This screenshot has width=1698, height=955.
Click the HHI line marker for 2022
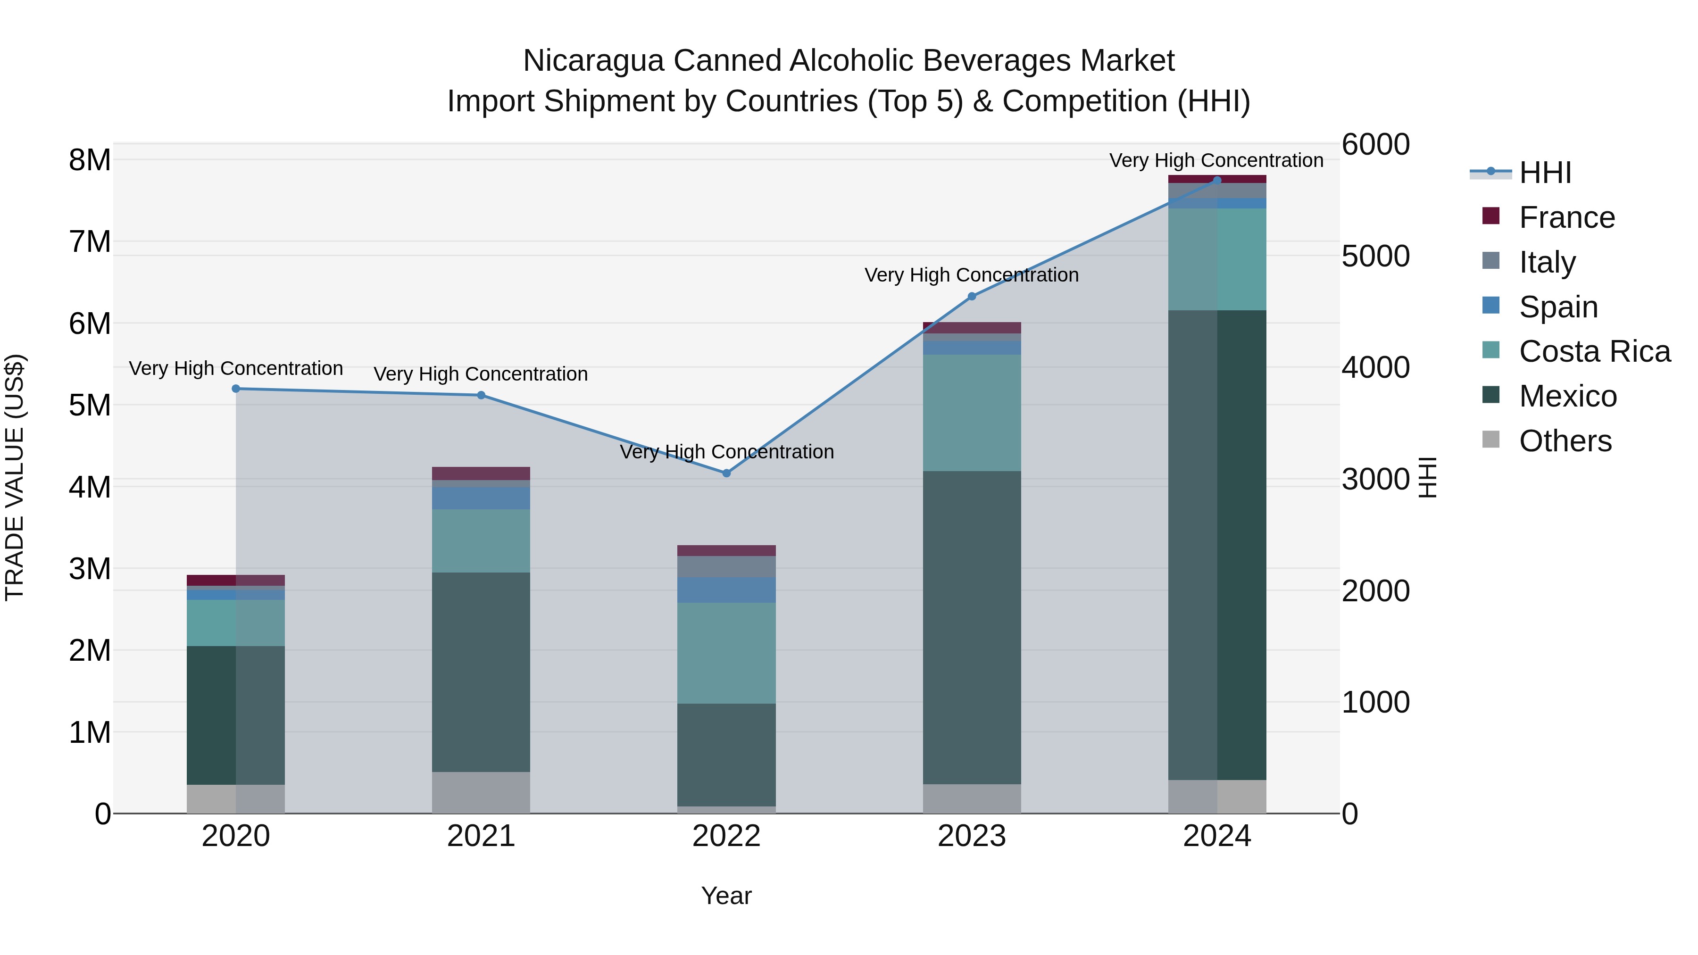coord(726,473)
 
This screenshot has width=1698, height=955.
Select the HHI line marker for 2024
coord(1217,180)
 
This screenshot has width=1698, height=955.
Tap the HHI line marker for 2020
coord(236,389)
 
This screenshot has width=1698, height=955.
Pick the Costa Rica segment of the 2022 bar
coord(726,653)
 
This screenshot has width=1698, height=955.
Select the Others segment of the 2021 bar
coord(481,792)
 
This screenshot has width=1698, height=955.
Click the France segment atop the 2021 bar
coord(481,473)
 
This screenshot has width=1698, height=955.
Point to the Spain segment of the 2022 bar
coord(726,590)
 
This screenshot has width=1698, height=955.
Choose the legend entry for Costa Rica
coord(1594,351)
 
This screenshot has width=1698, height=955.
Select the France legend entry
coord(1566,217)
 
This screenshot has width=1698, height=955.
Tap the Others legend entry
coord(1565,441)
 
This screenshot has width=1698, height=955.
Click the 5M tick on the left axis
coord(90,405)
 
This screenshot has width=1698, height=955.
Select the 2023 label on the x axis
coord(972,836)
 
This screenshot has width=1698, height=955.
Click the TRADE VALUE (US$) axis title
coord(15,477)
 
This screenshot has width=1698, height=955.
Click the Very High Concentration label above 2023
coord(972,275)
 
